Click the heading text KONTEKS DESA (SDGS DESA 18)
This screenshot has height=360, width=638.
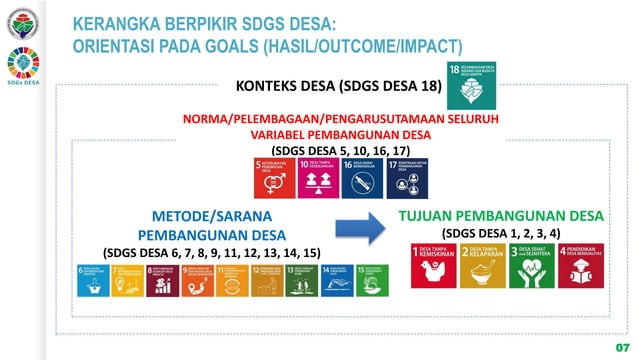point(339,87)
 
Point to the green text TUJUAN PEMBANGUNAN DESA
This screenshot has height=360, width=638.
point(501,215)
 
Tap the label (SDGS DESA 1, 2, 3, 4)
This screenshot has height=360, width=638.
point(501,233)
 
